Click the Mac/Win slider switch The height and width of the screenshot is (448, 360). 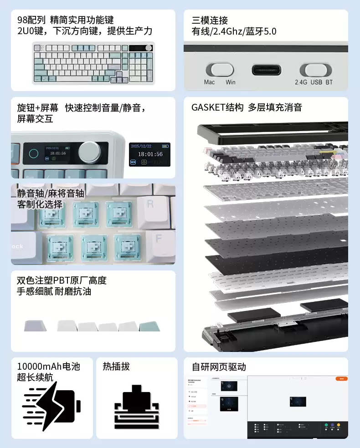point(220,70)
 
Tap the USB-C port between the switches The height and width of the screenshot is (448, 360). point(267,70)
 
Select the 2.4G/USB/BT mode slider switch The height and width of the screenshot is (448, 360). point(315,70)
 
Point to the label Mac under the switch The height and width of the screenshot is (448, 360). point(210,82)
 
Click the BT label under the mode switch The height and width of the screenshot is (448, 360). point(328,82)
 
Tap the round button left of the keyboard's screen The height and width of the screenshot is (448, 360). point(33,153)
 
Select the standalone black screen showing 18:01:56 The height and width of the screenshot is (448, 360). point(149,154)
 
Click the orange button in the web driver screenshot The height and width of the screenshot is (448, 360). point(341,378)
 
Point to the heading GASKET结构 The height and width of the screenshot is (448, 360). point(217,108)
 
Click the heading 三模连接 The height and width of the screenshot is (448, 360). point(210,20)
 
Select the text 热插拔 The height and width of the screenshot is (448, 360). point(116,367)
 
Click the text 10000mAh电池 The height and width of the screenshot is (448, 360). point(48,367)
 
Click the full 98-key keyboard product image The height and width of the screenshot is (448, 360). point(93,63)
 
